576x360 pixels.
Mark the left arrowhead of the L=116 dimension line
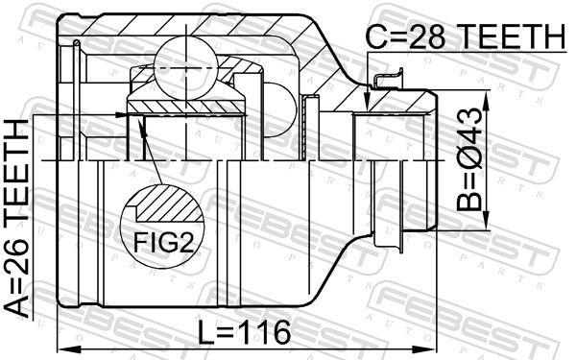point(62,348)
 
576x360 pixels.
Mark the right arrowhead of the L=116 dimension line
point(434,348)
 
